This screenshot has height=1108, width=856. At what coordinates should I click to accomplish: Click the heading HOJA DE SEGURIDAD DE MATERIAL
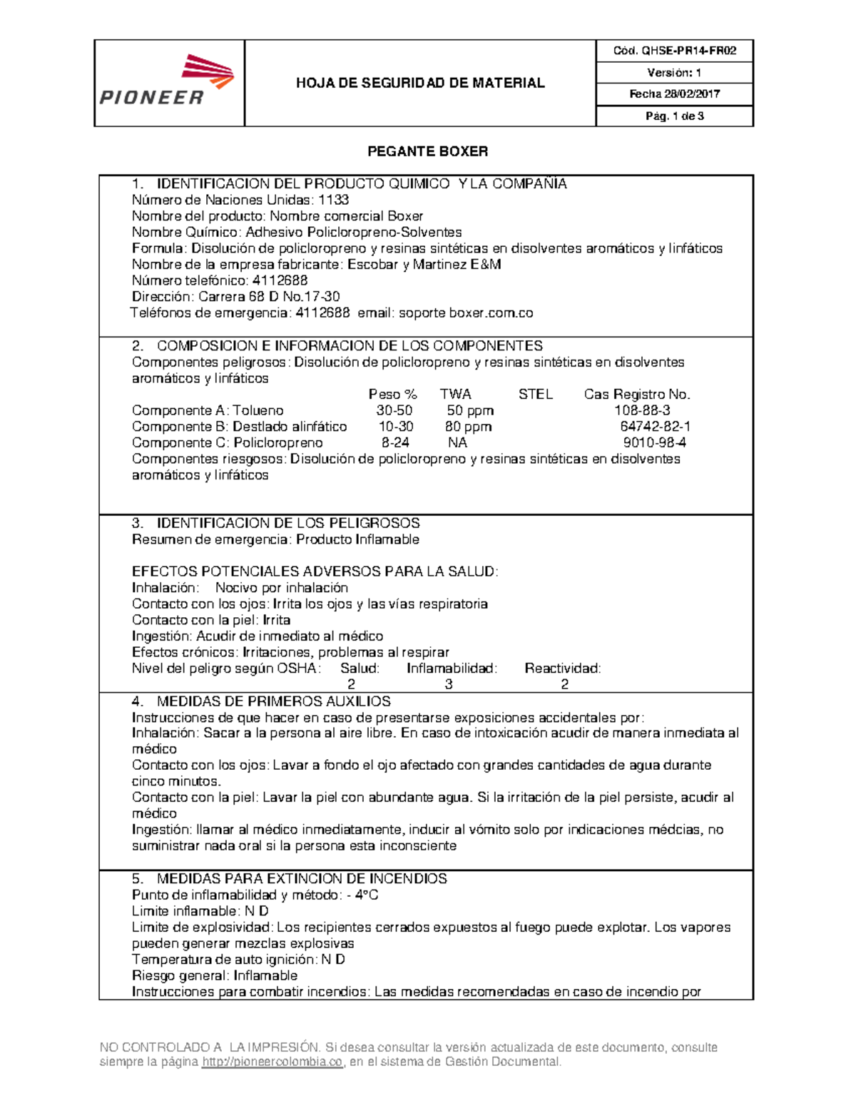(x=420, y=83)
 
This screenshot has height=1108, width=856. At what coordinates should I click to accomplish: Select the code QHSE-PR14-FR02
(x=688, y=51)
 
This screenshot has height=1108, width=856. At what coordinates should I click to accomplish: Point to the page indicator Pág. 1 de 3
(x=675, y=116)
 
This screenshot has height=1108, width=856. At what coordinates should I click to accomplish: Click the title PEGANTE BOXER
(x=427, y=151)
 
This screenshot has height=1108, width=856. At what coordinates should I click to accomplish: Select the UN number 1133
(x=333, y=200)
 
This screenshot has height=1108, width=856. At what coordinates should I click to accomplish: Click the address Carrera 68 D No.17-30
(x=269, y=297)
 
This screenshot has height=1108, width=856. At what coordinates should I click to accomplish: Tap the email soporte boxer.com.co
(x=465, y=313)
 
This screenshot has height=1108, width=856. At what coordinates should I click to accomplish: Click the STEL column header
(x=535, y=395)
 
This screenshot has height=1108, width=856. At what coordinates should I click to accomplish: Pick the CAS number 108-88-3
(x=642, y=411)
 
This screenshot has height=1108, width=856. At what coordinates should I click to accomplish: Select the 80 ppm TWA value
(x=468, y=427)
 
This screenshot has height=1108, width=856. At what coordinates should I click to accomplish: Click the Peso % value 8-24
(x=395, y=443)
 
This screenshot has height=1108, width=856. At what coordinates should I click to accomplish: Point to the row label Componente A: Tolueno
(x=208, y=411)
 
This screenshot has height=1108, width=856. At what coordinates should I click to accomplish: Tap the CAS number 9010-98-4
(x=654, y=443)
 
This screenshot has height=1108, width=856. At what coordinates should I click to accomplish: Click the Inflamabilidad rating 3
(x=449, y=685)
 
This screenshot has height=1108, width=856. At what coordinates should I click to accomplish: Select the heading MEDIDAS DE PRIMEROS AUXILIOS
(x=273, y=701)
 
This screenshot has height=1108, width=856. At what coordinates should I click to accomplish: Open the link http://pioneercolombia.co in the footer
(x=272, y=1062)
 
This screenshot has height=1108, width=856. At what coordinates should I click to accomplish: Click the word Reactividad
(x=562, y=669)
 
